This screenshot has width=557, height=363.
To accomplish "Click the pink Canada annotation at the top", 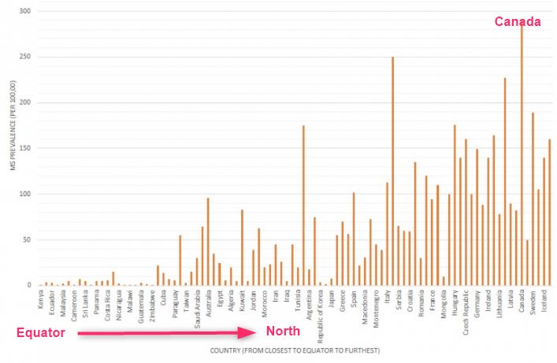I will click(518, 22).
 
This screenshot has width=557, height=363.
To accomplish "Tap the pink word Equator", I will click(40, 333).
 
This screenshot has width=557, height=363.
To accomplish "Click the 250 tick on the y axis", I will click(29, 57).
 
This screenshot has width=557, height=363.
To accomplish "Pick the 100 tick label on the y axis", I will click(29, 194).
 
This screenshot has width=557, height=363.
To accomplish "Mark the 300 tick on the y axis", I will click(29, 11).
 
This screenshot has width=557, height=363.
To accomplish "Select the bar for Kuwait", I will click(242, 247).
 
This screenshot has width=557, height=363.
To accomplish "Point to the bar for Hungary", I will click(455, 205).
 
